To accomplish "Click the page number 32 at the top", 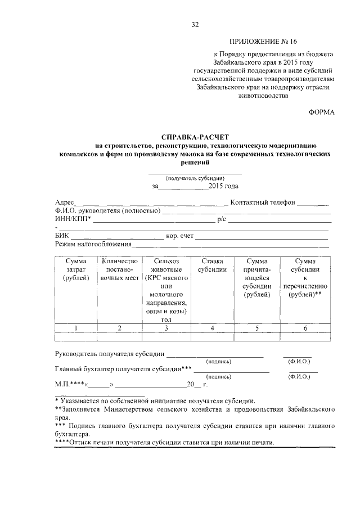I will pyautogui.click(x=195, y=24).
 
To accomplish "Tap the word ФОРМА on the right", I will pyautogui.click(x=322, y=112).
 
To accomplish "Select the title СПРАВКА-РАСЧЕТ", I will pyautogui.click(x=195, y=137).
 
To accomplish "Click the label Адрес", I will pyautogui.click(x=65, y=202).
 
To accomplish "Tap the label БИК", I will pyautogui.click(x=62, y=236).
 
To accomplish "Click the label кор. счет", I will pyautogui.click(x=180, y=236).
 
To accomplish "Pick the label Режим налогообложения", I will pyautogui.click(x=93, y=244).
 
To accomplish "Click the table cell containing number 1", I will pyautogui.click(x=75, y=328).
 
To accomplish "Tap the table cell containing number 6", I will pyautogui.click(x=304, y=328).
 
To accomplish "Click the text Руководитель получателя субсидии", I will pyautogui.click(x=110, y=354).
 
